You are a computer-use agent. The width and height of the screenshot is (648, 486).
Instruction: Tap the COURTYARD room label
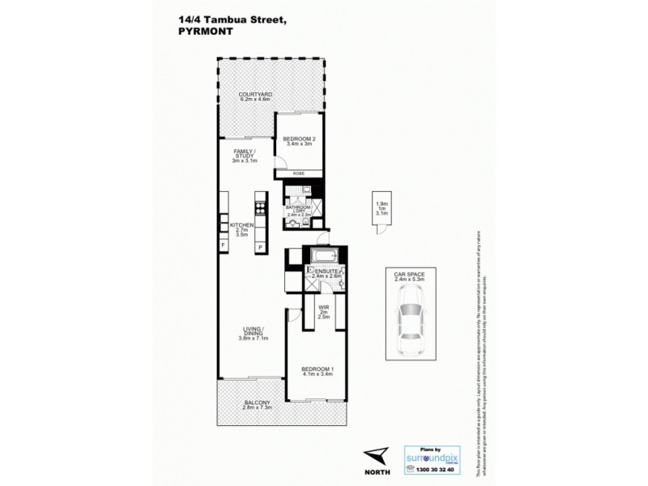254,96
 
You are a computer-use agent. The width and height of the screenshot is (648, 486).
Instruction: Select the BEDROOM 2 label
299,140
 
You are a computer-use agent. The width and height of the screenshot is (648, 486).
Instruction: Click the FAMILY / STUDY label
244,155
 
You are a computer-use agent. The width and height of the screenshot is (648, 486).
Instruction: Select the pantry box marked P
261,246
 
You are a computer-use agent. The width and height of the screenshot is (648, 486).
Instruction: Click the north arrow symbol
374,455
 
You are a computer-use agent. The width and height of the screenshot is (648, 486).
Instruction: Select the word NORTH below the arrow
374,471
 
